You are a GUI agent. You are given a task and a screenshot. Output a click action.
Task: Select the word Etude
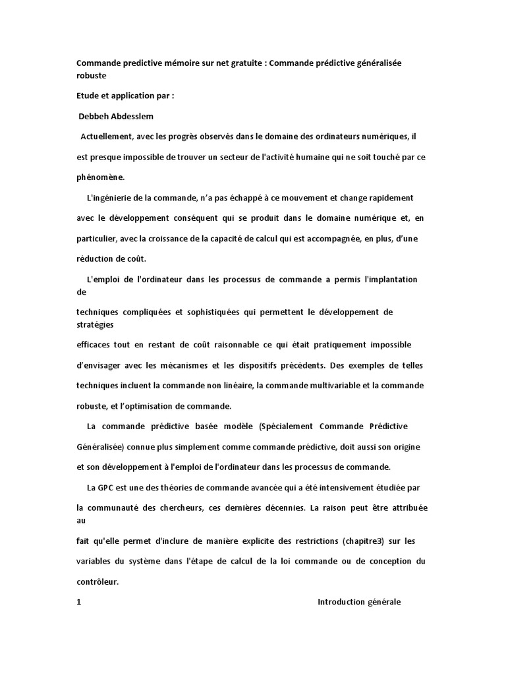click(x=90, y=95)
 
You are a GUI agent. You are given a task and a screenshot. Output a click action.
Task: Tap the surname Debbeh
click(x=94, y=117)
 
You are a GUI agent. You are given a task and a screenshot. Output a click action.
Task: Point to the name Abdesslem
click(x=136, y=117)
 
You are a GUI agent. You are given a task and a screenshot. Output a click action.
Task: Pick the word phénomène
click(x=100, y=177)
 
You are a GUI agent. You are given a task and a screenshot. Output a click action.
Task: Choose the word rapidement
click(x=391, y=197)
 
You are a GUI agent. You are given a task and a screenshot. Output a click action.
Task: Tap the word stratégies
click(x=95, y=324)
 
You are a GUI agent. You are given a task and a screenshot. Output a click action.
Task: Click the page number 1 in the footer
click(x=79, y=602)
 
